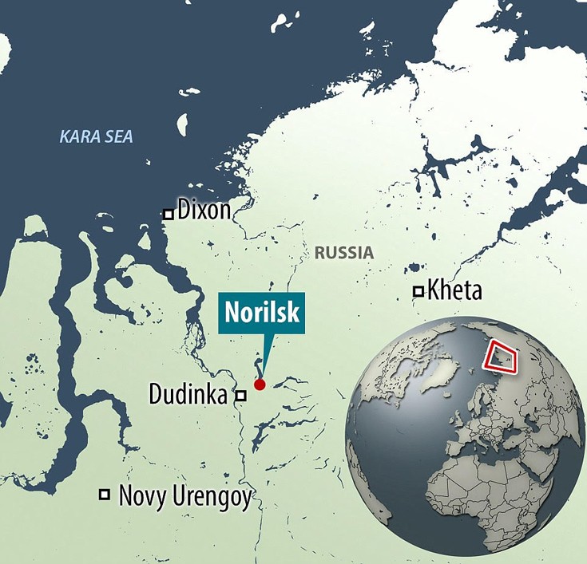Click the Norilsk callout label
tap(260, 312)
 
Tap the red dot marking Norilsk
tap(259, 385)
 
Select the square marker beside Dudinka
tap(239, 395)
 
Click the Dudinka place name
tap(188, 394)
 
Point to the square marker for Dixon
tap(168, 214)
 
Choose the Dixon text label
tap(204, 211)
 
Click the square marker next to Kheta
tap(417, 291)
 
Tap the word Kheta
tap(454, 290)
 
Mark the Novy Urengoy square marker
tap(104, 495)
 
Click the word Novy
tap(141, 496)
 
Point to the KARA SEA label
tap(96, 137)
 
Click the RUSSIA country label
tap(343, 253)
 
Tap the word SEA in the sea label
tap(117, 137)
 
